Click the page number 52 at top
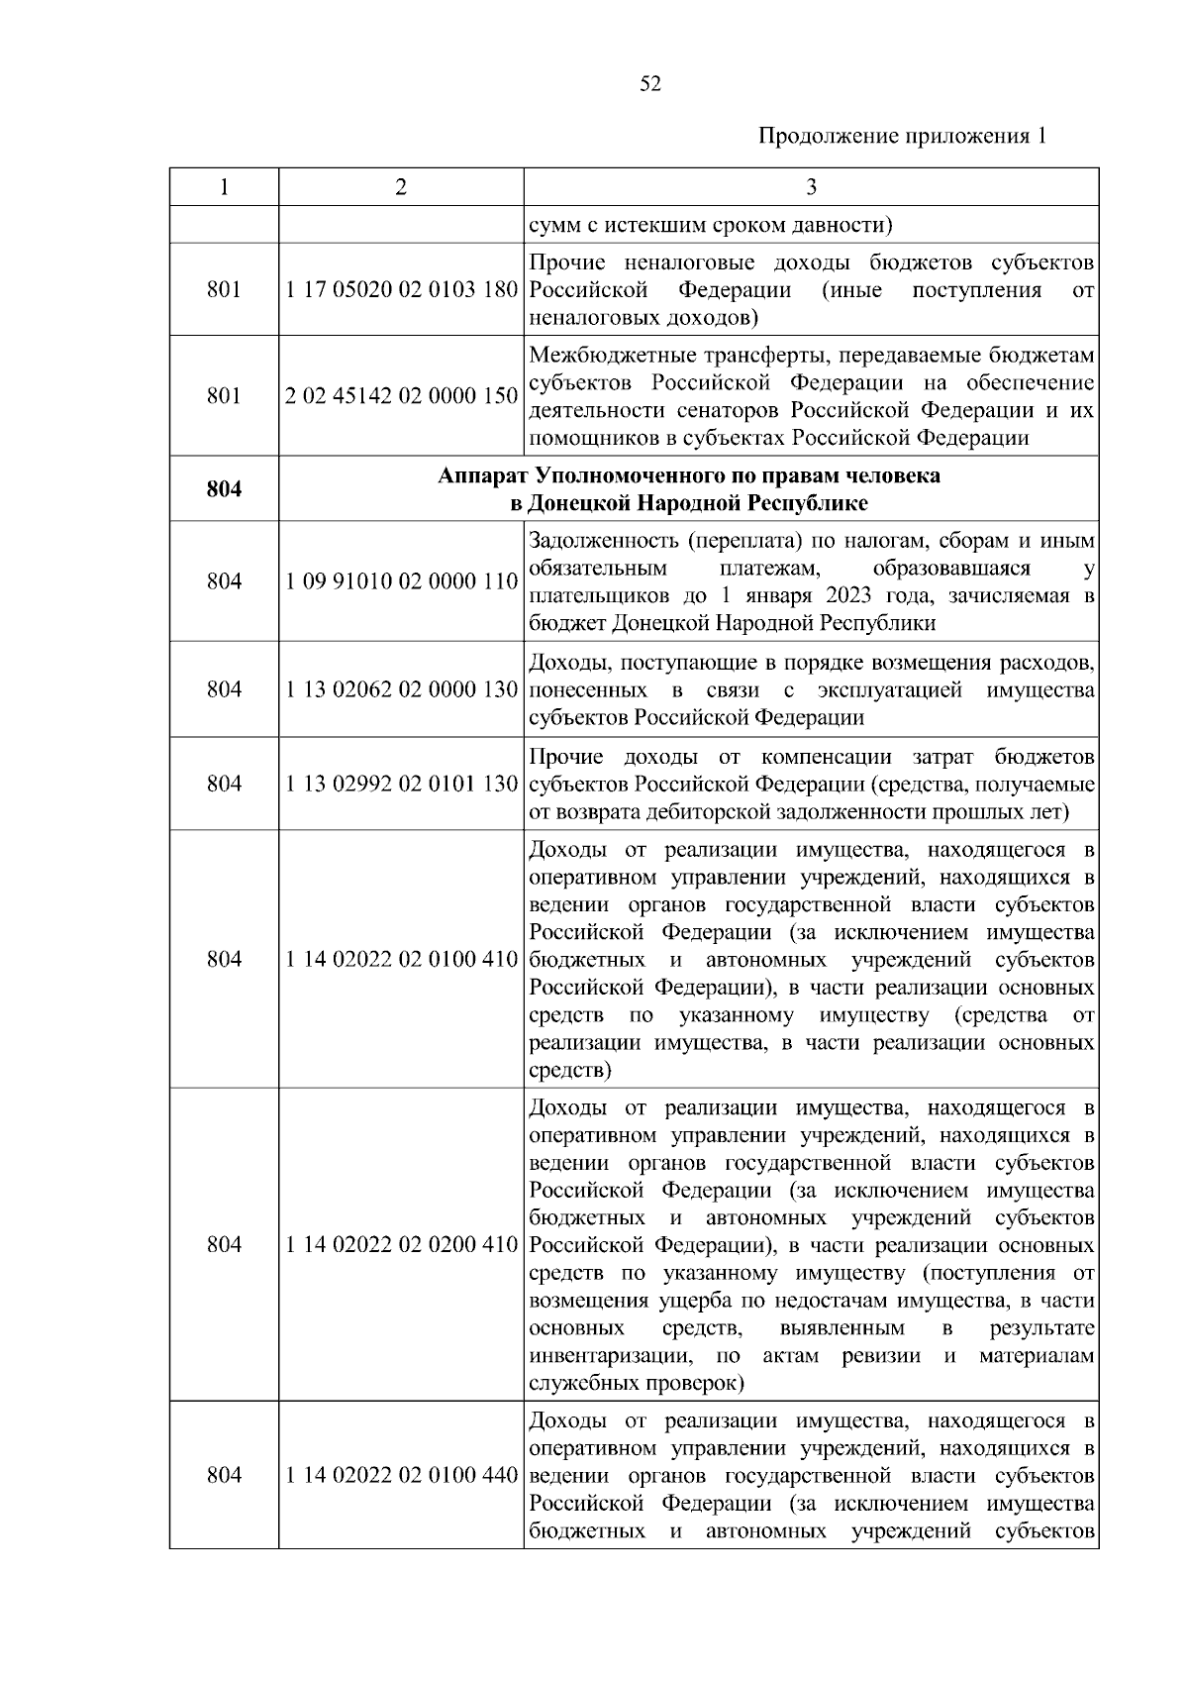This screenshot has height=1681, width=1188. [650, 84]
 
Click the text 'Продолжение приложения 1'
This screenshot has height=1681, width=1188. [902, 137]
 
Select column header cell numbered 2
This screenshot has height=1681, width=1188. [400, 187]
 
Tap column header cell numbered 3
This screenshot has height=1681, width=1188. [811, 187]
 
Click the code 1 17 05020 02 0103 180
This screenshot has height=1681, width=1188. [401, 291]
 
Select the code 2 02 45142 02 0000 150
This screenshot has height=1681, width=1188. [401, 396]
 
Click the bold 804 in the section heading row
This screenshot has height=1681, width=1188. [224, 489]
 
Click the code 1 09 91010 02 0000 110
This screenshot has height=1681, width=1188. [401, 581]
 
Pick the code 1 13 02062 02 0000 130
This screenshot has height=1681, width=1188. [401, 689]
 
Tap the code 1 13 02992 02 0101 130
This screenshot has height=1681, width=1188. [401, 785]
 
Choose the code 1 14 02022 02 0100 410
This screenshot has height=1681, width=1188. [401, 960]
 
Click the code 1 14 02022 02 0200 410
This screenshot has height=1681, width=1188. [401, 1245]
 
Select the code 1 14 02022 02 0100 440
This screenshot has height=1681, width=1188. [401, 1476]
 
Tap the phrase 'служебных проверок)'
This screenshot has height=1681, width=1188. [638, 1383]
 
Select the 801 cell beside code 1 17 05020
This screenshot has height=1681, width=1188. [224, 291]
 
